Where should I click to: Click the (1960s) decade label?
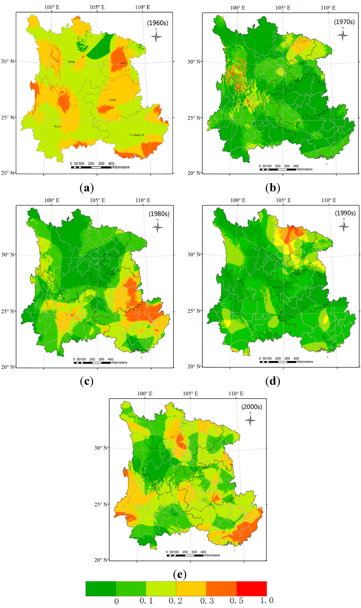[x=158, y=23]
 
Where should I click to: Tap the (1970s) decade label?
[x=344, y=22]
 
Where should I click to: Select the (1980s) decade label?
[x=159, y=214]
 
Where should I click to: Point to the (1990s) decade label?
[x=345, y=213]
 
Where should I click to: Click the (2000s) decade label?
[x=252, y=407]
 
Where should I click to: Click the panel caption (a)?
[x=87, y=188]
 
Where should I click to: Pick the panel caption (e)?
[x=180, y=574]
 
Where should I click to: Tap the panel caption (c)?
[x=87, y=381]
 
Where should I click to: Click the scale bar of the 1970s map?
[x=278, y=169]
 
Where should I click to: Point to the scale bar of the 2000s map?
[x=185, y=555]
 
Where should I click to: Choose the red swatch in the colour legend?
[x=251, y=588]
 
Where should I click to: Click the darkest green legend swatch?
[x=101, y=588]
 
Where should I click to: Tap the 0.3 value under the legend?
[x=207, y=601]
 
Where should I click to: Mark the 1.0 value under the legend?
[x=267, y=600]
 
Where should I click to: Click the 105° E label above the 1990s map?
[x=283, y=200]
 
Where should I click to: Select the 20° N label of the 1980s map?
[x=8, y=367]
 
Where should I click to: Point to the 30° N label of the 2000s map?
[x=101, y=448]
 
